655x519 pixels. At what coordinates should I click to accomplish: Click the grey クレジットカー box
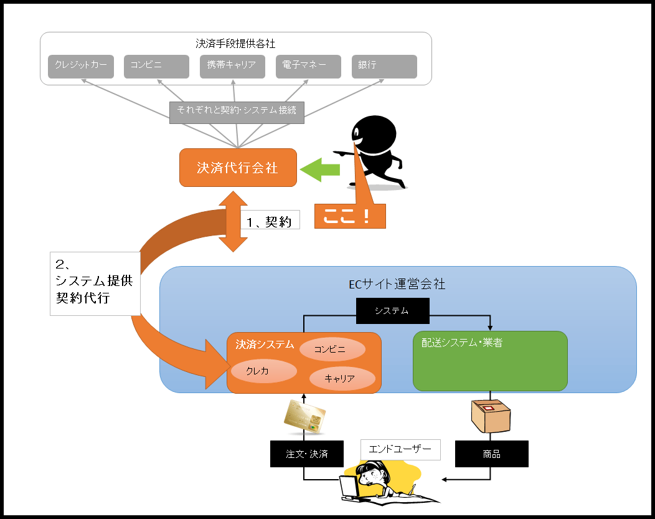coord(80,67)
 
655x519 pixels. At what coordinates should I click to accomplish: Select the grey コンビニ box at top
coord(157,67)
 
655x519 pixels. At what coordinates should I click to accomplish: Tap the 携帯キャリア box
coord(232,67)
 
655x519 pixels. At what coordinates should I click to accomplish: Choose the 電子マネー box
coord(308,67)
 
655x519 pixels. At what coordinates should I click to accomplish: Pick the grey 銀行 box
coord(384,67)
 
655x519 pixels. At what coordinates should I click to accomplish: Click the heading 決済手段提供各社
coord(235,44)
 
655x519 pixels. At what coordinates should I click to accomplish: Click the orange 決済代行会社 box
coord(238,168)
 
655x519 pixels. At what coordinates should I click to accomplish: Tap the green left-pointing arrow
coord(320,169)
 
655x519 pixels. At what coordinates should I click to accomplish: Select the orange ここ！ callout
coord(350,216)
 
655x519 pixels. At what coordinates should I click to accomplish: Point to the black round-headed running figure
coord(373,153)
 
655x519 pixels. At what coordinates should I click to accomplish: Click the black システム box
coord(393,311)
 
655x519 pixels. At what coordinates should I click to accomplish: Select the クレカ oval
coord(264,371)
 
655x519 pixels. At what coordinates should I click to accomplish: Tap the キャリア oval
coord(342,379)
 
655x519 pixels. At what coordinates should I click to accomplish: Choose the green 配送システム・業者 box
coord(490,361)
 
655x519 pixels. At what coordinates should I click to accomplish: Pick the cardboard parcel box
coord(491,416)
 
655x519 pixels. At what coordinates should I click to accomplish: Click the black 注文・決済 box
coord(307,454)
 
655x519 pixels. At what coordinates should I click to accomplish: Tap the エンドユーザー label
coord(400,450)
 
